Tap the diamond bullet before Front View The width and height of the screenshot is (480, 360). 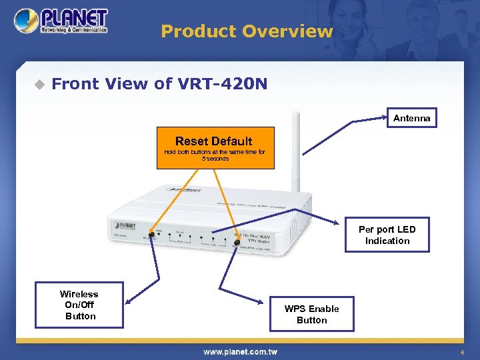[x=39, y=84]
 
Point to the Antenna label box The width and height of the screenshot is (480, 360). [x=411, y=118]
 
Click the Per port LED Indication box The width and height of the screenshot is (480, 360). [x=387, y=235]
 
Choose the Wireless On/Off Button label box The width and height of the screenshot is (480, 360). [x=79, y=305]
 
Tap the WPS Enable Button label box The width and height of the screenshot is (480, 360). [x=311, y=314]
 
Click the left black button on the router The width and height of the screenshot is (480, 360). [x=151, y=235]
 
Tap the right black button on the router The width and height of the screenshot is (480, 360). [x=237, y=243]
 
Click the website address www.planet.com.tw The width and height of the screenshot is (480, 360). [x=240, y=351]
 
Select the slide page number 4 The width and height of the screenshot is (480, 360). [x=461, y=352]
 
